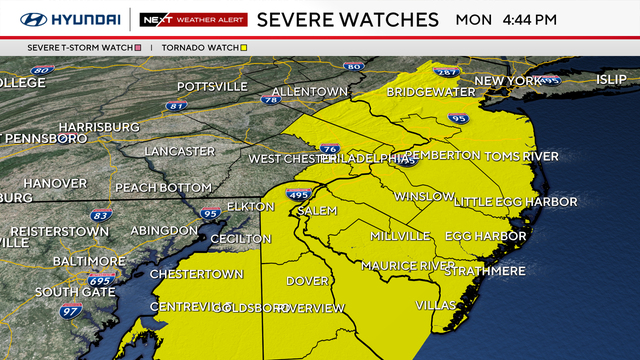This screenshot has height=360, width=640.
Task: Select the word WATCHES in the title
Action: point(390,19)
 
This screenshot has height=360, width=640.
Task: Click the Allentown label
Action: point(309,91)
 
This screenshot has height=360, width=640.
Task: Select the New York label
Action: point(507,80)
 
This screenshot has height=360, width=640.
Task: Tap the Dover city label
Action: point(307,281)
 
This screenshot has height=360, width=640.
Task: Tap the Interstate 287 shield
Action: point(446,72)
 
